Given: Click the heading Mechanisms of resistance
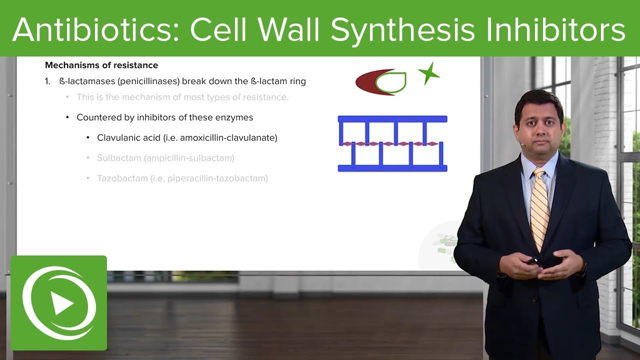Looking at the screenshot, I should coord(101,65).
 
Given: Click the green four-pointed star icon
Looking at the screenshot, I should coord(428,74).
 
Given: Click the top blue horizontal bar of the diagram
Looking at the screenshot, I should coord(392,119).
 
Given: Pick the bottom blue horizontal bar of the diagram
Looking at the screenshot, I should coord(392,168).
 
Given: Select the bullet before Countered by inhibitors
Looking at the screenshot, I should coord(67,117).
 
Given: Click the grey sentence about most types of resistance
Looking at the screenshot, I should coord(182,97).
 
